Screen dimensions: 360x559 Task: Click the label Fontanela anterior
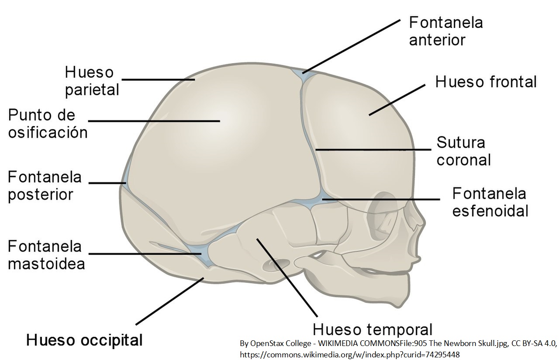point(445,31)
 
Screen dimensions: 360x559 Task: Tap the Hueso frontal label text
point(486,82)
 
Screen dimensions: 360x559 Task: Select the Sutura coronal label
point(463,151)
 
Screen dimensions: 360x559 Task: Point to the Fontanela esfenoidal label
point(490,201)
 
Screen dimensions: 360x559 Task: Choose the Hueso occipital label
point(85,339)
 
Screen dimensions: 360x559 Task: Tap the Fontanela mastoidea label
point(46,255)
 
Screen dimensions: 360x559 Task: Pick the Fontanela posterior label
point(45,185)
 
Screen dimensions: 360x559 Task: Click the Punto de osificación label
point(48,124)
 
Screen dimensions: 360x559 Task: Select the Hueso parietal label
point(92,81)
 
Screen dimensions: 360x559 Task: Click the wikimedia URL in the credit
point(349,354)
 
